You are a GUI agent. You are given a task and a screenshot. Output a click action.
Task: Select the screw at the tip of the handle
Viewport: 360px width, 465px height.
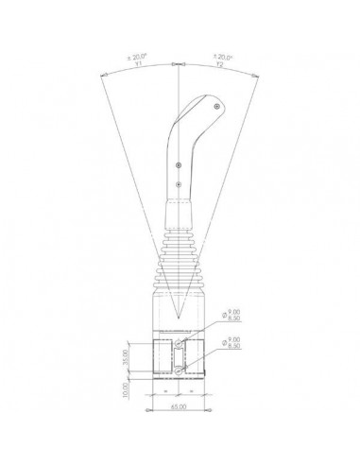[217, 109]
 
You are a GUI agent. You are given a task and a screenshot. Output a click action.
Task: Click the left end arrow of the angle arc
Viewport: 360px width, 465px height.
[98, 73]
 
